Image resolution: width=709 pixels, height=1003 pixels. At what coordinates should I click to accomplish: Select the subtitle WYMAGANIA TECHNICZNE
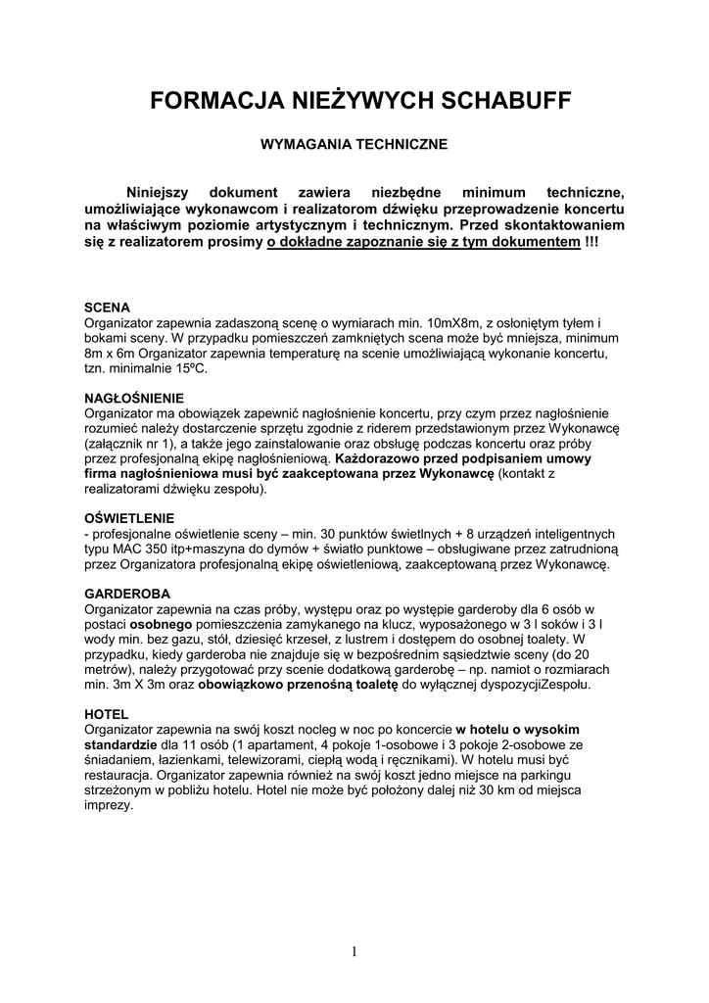coord(353,144)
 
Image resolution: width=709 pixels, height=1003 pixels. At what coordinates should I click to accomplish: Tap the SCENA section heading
coord(106,307)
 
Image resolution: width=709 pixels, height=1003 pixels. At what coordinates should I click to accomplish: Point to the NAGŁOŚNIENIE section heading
coord(134,399)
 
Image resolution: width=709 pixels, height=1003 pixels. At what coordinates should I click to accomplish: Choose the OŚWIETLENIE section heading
coord(129,517)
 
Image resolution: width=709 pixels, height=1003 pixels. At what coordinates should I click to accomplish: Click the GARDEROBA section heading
coord(127,595)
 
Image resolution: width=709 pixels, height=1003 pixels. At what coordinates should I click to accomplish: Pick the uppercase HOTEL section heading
coord(106,714)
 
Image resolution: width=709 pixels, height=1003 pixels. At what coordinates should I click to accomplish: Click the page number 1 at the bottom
coord(354,951)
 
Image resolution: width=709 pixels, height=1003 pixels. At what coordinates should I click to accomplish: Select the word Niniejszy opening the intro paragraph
coord(162,193)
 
